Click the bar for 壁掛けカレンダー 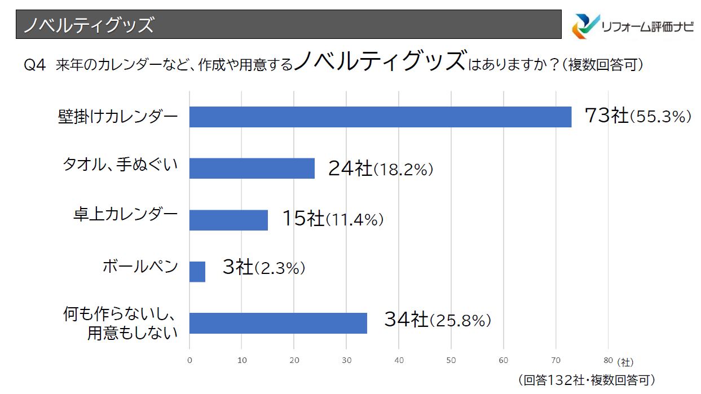380,117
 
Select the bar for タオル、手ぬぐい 252,168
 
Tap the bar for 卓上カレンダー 228,220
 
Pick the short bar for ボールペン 197,271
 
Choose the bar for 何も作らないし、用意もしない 278,323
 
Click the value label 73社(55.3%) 637,116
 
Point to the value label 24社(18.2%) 381,169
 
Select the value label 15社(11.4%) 333,219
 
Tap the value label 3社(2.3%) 263,268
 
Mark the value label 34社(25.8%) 438,320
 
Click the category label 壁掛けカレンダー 117,117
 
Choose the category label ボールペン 140,266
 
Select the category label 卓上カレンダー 125,215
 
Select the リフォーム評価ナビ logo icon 586,25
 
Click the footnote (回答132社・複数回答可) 586,380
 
